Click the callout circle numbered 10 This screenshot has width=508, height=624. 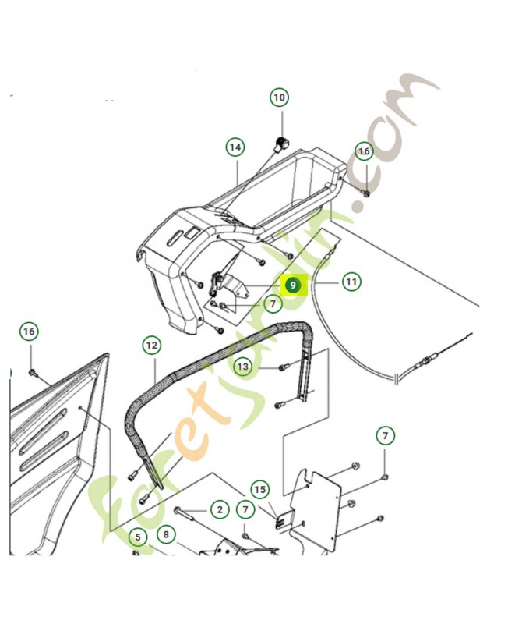click(x=280, y=97)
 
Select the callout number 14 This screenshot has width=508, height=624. click(x=235, y=147)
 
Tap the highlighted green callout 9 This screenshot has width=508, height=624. click(x=293, y=285)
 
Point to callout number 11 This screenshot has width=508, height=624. click(x=351, y=282)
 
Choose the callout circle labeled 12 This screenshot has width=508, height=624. click(x=152, y=345)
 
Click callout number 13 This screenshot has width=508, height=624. click(x=243, y=366)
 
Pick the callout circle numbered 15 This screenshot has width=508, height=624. click(x=259, y=489)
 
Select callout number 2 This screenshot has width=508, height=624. click(x=220, y=509)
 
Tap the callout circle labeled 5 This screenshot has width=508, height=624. click(x=138, y=537)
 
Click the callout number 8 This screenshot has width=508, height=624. click(x=166, y=534)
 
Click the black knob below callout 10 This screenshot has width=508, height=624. click(x=281, y=142)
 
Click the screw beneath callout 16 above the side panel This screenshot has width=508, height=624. click(x=32, y=373)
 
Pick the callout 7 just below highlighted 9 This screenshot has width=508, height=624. click(x=273, y=304)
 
